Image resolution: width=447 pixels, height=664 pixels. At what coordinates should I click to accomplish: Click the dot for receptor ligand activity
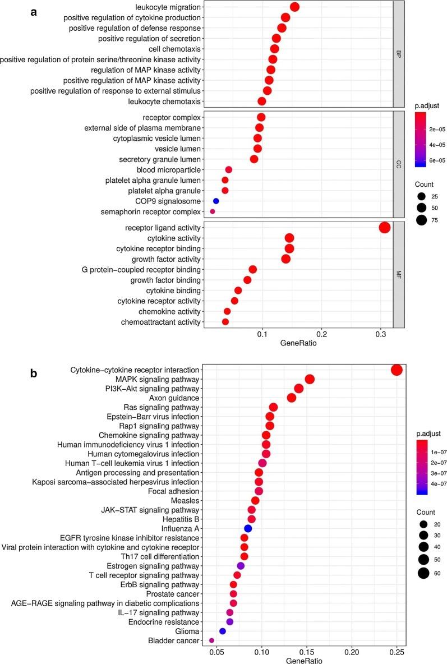coord(384,227)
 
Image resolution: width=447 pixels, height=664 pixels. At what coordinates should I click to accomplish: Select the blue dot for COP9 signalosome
coord(216,201)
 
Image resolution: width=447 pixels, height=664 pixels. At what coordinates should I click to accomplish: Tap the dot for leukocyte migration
coord(294,7)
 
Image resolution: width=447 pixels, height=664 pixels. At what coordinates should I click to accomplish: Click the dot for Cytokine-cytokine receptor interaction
coord(397,370)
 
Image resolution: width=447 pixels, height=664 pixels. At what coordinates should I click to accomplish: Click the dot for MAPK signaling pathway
coord(309,380)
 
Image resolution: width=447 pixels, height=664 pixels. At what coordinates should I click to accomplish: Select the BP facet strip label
coord(399,54)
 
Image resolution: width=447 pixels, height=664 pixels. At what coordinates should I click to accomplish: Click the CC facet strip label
coord(399,164)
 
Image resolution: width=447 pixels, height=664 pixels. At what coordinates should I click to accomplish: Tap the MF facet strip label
coord(399,274)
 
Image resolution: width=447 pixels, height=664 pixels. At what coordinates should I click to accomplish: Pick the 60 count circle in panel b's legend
coord(423,573)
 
